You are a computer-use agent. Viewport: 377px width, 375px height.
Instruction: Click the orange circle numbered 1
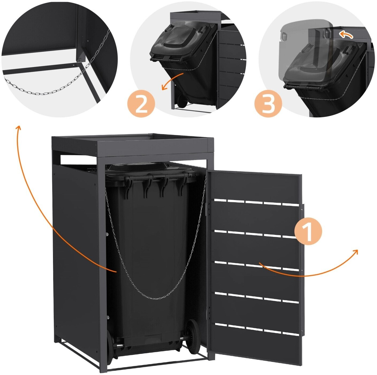coord(308,232)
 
